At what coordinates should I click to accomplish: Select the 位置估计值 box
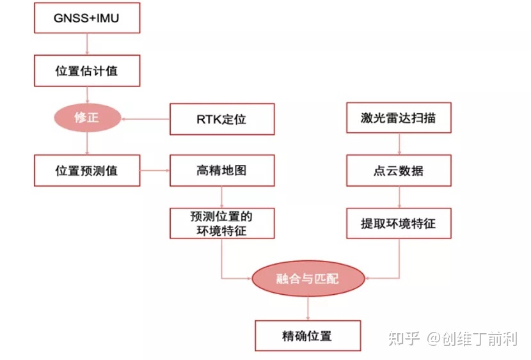click(x=86, y=71)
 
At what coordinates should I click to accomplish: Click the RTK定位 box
click(x=221, y=119)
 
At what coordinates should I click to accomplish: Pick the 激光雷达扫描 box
click(x=399, y=119)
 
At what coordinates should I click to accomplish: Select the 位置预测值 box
click(x=86, y=171)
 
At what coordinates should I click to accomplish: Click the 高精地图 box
click(x=221, y=171)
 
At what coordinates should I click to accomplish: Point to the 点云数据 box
click(x=399, y=171)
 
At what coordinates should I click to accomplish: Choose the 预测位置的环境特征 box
click(x=221, y=223)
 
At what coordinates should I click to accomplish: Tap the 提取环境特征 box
click(x=399, y=223)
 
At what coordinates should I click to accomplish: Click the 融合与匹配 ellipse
click(x=308, y=279)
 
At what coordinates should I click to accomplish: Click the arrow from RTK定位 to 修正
click(x=146, y=118)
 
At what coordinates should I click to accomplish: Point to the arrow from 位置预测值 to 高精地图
click(x=154, y=171)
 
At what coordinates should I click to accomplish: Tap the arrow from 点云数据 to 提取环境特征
click(x=399, y=197)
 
